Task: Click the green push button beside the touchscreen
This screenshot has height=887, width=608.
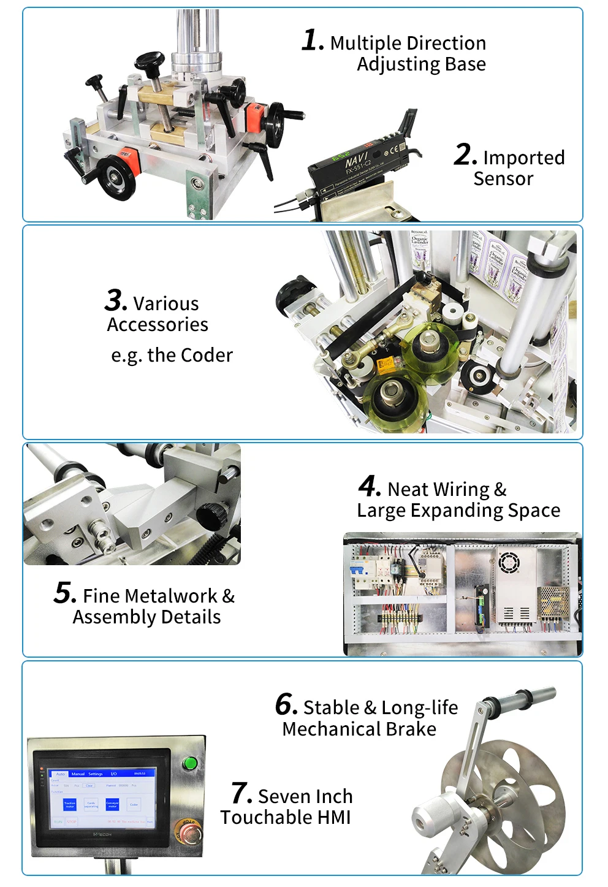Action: pos(190,764)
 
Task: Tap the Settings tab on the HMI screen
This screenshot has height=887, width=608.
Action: pos(96,774)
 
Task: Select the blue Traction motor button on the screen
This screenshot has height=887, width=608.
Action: pos(70,804)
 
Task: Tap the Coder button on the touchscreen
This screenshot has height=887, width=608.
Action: pos(134,804)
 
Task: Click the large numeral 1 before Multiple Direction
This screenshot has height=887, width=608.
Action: pos(312,41)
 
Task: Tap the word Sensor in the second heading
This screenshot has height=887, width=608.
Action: pos(503,179)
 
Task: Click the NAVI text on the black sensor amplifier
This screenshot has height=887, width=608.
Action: pos(356,161)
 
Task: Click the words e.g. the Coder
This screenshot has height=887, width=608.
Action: pos(172,356)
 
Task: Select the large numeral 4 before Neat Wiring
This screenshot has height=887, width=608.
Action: pos(370,487)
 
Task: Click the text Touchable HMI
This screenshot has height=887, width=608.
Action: pos(286,818)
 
